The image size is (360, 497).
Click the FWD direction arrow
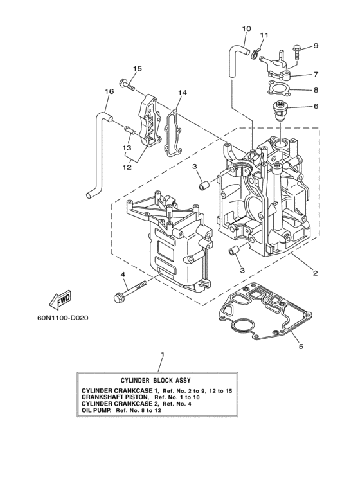(x=60, y=300)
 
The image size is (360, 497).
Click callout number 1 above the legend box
(x=163, y=354)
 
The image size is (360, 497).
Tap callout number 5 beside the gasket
(x=300, y=348)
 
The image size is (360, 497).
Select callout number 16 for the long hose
(x=109, y=92)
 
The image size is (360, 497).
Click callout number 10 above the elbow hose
(x=247, y=29)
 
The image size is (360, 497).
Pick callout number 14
(x=183, y=93)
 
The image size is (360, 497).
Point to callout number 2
(x=315, y=273)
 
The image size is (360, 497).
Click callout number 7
(x=316, y=75)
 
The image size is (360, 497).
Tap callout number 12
(x=127, y=167)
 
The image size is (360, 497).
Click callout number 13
(x=127, y=148)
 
